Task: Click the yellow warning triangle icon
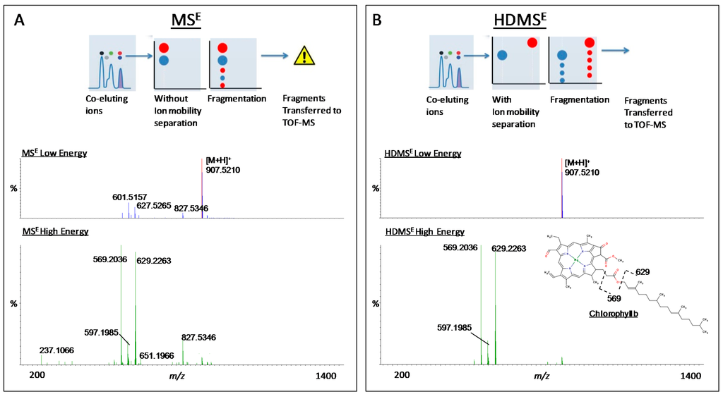click(x=304, y=54)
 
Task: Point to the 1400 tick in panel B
click(x=690, y=376)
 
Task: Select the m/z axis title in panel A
click(x=177, y=376)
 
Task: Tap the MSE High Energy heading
click(x=57, y=231)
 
